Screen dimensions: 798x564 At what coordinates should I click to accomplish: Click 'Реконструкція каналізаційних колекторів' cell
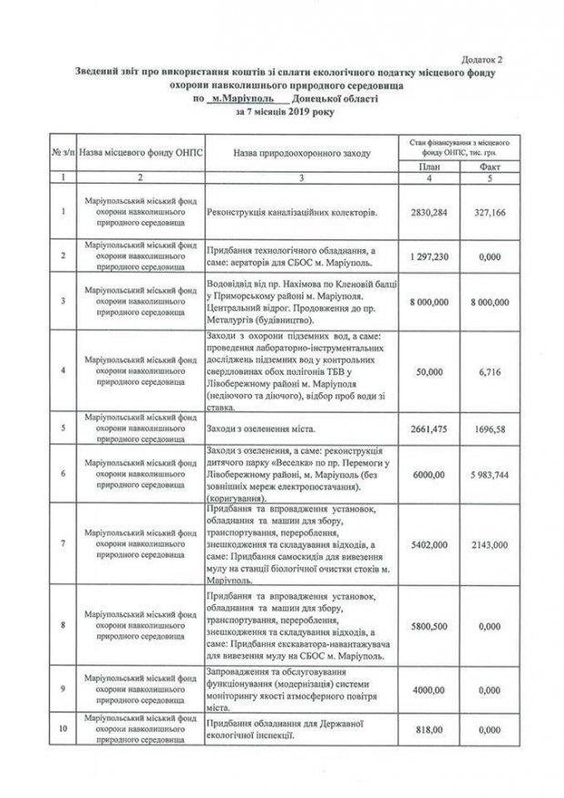point(292,212)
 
